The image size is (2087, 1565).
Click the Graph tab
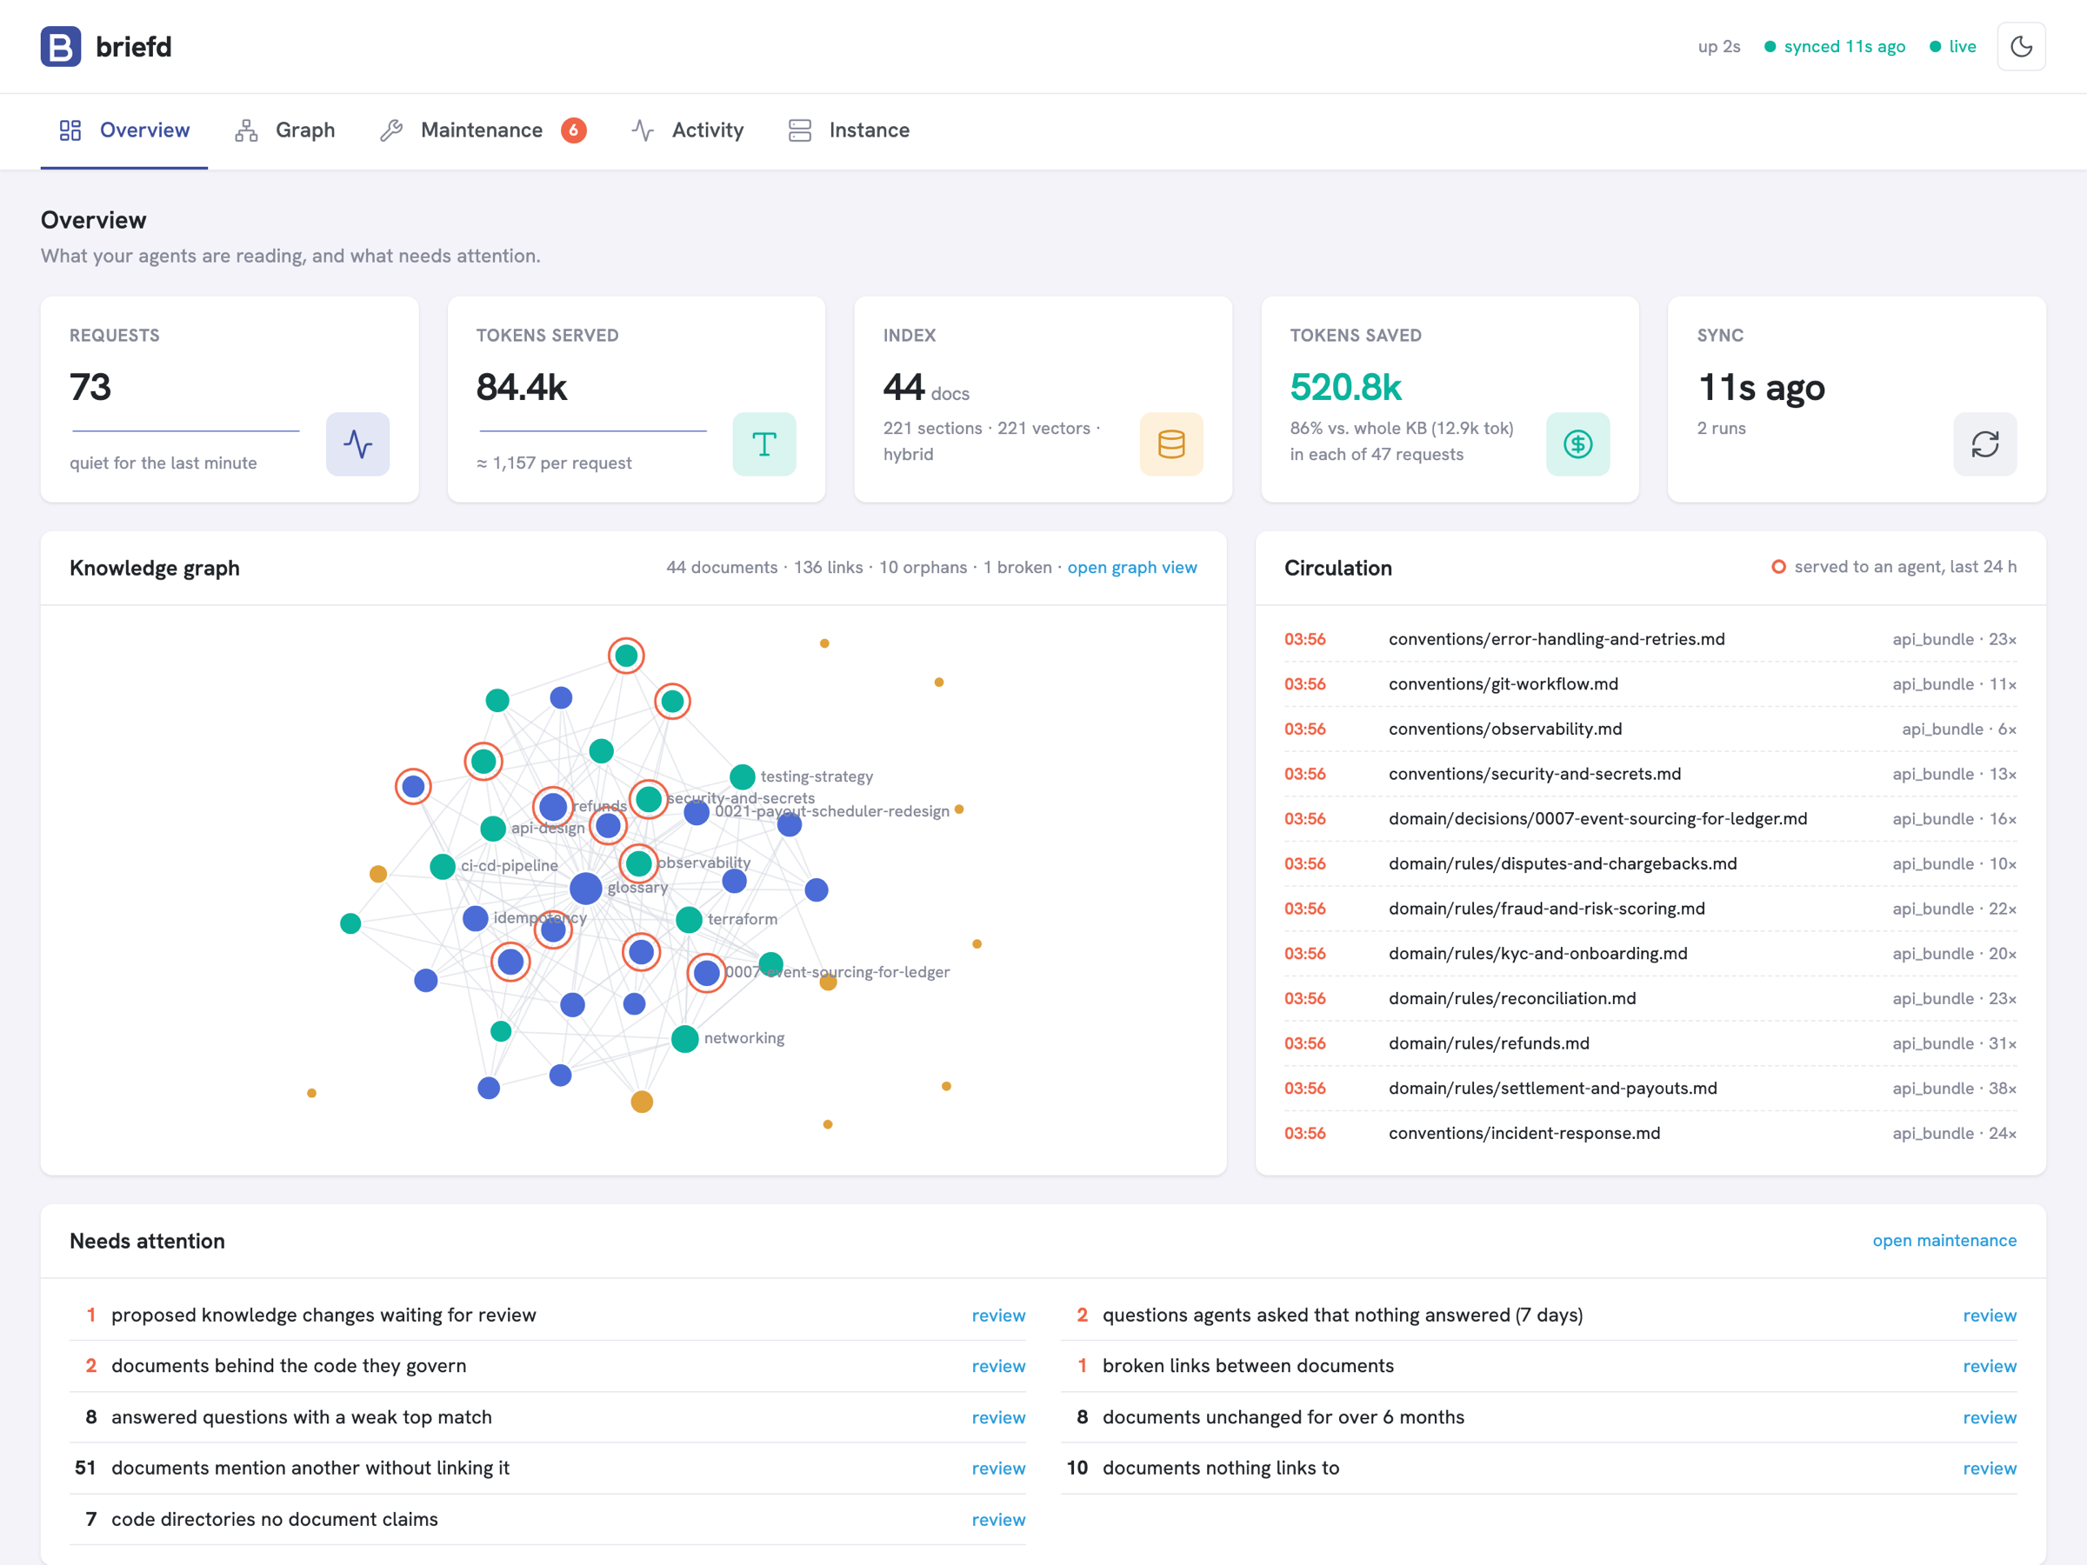(x=285, y=130)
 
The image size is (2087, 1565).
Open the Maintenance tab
(x=482, y=130)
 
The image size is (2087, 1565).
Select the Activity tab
(x=688, y=130)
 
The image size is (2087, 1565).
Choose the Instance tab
(x=849, y=130)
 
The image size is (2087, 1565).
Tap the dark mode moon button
(x=2021, y=46)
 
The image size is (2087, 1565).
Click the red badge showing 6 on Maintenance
(x=574, y=130)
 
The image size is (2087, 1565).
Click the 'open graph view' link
(x=1132, y=567)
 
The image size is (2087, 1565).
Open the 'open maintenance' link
(x=1944, y=1241)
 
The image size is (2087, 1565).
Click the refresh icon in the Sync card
(x=1985, y=444)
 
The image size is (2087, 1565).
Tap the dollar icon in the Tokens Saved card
(x=1577, y=444)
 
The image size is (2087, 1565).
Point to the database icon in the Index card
(x=1170, y=444)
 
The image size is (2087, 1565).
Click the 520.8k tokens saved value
(x=1345, y=387)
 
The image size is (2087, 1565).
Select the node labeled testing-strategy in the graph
(x=743, y=776)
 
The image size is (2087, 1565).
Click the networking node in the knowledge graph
(x=685, y=1039)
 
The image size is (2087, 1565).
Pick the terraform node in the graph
(x=689, y=919)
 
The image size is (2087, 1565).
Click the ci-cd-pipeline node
(x=443, y=866)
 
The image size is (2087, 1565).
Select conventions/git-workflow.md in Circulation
(x=1503, y=684)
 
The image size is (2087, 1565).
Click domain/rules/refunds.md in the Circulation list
(x=1489, y=1043)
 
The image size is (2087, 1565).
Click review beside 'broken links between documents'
(x=1990, y=1366)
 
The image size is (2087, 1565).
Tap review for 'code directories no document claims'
(x=998, y=1520)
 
